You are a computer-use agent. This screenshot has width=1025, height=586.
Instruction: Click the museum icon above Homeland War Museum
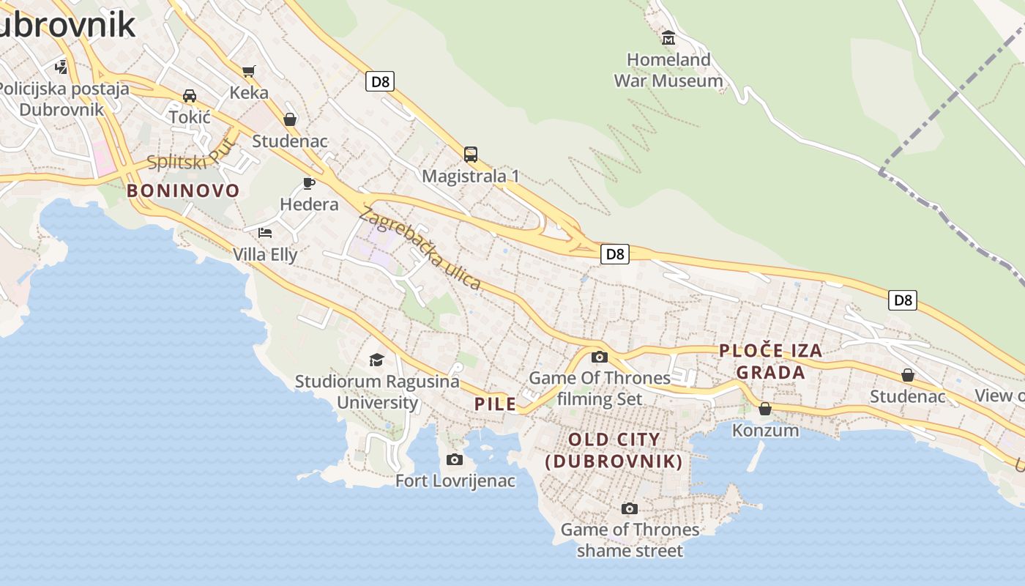click(x=668, y=37)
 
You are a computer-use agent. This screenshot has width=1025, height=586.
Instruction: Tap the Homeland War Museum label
click(x=668, y=70)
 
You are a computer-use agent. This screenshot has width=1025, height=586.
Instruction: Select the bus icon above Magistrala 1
click(x=470, y=155)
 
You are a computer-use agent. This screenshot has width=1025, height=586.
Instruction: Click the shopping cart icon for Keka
click(x=249, y=71)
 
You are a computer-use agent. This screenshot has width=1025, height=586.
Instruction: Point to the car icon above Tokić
click(x=190, y=95)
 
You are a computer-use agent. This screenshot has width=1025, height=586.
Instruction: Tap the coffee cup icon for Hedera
click(x=309, y=183)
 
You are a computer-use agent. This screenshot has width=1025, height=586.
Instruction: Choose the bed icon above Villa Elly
click(x=265, y=233)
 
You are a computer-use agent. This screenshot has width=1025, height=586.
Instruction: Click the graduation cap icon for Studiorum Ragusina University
click(x=376, y=360)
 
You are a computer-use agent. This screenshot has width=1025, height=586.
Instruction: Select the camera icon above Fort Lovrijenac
click(x=455, y=459)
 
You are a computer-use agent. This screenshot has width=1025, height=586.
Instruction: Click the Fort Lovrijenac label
click(x=455, y=481)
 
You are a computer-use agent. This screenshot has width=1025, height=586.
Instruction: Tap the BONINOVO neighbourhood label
click(x=183, y=191)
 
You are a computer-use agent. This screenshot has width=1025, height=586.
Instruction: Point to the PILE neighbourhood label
click(x=495, y=404)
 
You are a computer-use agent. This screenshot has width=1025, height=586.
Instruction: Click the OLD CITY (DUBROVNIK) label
click(x=614, y=450)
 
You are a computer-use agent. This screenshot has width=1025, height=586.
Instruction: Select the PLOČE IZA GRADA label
click(x=771, y=362)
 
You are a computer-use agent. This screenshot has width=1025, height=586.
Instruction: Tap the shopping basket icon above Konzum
click(x=765, y=408)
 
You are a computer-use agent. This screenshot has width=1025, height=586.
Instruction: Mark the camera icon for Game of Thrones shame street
click(x=629, y=508)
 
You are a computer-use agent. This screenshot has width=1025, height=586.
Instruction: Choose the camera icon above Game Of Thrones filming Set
click(x=600, y=357)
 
